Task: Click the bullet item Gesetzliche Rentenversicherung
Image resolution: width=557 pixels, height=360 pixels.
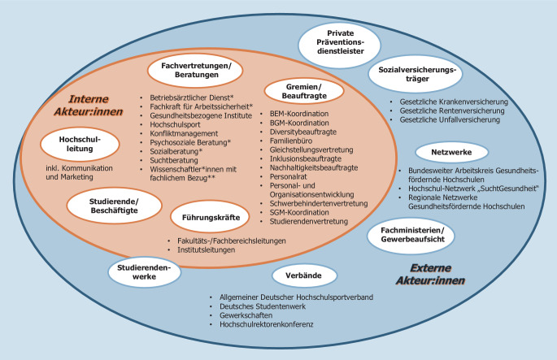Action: tap(455, 111)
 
